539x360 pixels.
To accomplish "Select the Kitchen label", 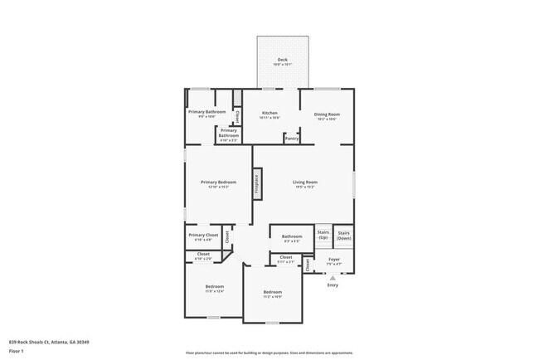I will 269,113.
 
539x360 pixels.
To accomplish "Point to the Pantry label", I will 291,139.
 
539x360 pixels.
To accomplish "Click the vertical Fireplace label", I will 257,183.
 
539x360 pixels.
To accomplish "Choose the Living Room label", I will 305,182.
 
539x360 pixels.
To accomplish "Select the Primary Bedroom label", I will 218,182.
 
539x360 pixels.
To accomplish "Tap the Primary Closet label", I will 203,235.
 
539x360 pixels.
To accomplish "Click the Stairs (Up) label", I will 323,235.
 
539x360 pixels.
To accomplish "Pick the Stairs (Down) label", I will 344,235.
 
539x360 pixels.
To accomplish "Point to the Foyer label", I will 334,260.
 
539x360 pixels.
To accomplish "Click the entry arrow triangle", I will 333,278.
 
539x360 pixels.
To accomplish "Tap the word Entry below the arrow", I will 333,285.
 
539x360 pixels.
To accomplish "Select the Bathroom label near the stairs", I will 292,236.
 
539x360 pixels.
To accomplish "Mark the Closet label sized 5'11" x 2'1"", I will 285,257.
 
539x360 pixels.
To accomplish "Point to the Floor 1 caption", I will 17,351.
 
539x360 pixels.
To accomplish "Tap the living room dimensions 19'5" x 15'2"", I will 305,187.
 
